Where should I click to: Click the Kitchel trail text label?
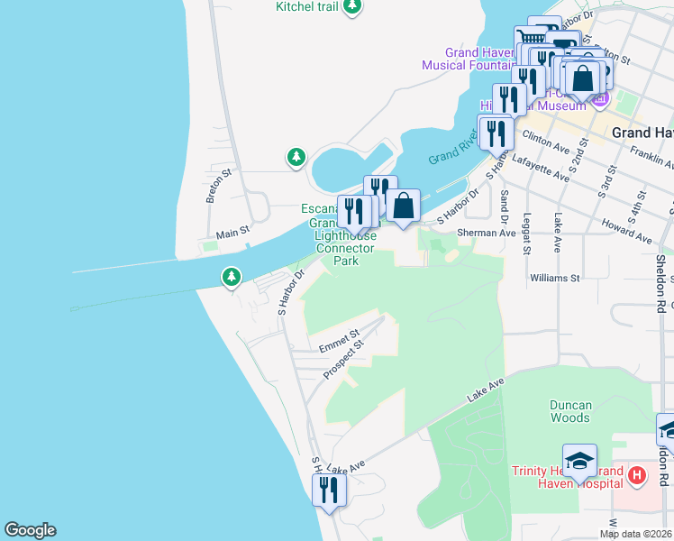click(307, 7)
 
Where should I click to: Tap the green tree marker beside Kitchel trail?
click(352, 6)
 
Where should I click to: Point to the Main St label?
click(232, 234)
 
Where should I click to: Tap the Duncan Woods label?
click(570, 411)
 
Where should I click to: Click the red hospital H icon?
click(636, 474)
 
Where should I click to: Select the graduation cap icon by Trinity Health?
click(579, 462)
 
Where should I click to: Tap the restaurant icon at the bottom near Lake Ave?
click(328, 491)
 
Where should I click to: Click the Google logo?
click(30, 530)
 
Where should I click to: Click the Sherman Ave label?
click(486, 233)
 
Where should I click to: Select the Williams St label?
click(555, 279)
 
